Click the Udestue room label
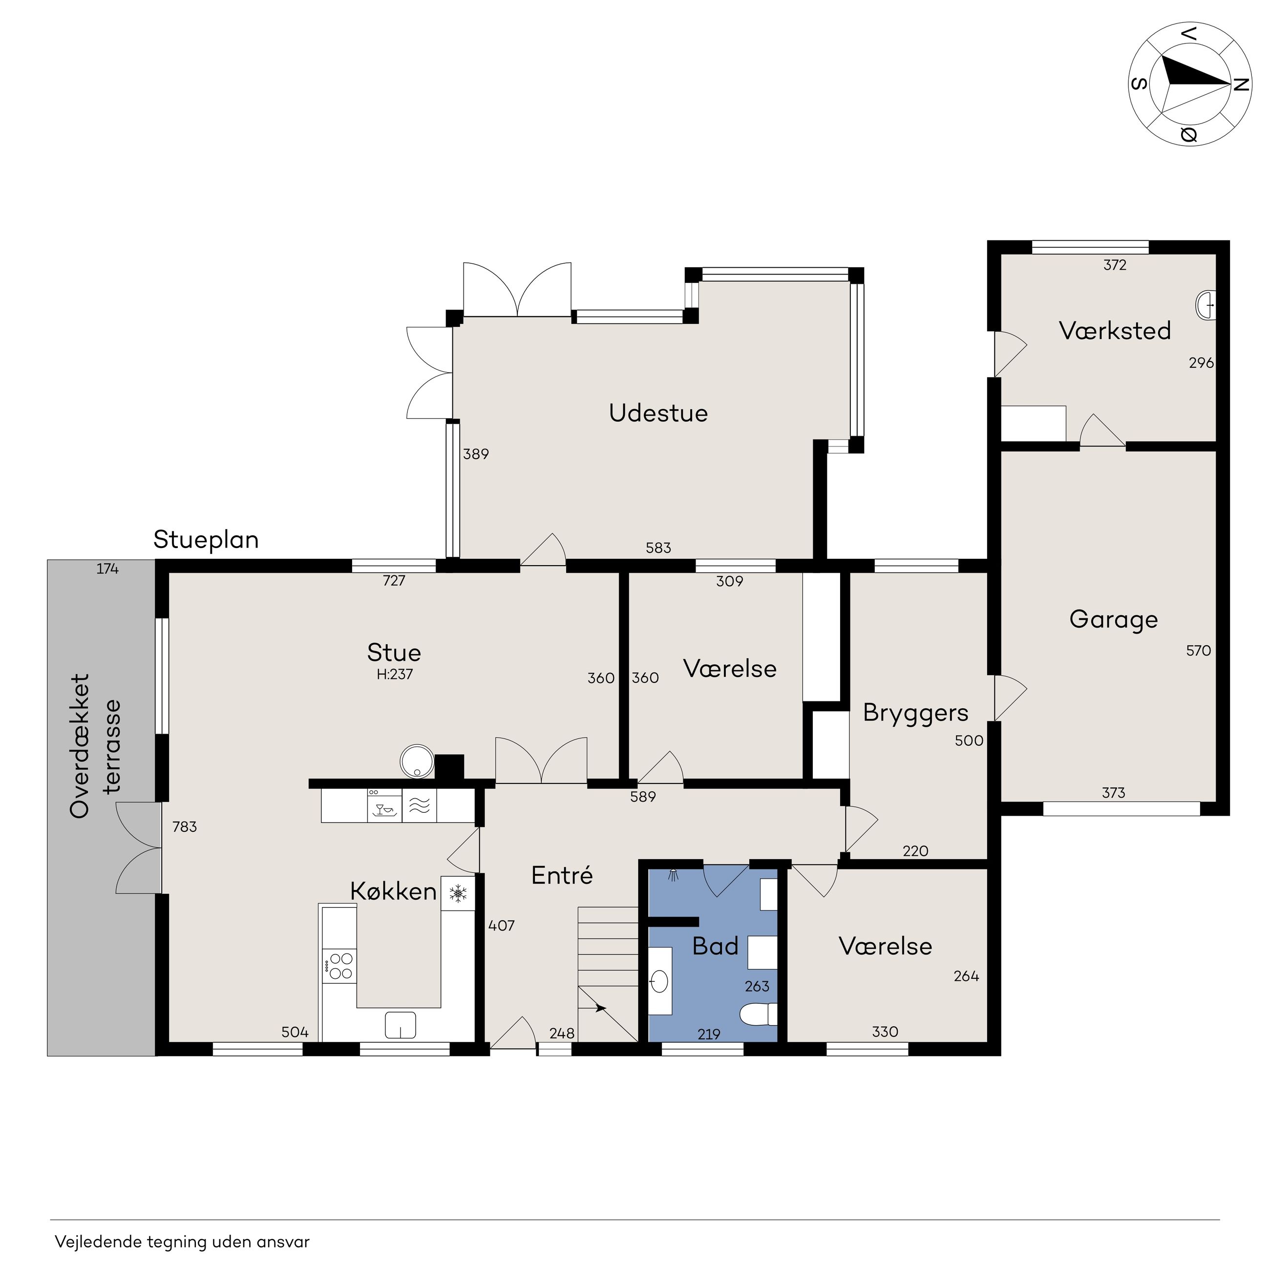[658, 413]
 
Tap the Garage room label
[1114, 620]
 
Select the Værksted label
[1115, 331]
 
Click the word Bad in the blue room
[715, 947]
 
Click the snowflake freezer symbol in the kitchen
[458, 893]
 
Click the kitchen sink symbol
[401, 1025]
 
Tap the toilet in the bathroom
[758, 1015]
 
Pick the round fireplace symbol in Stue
[417, 761]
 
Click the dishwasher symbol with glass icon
[384, 805]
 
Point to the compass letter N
[1240, 85]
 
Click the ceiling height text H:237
[394, 675]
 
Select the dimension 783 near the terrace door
[185, 827]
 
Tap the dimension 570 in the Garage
[1198, 651]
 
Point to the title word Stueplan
[206, 540]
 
